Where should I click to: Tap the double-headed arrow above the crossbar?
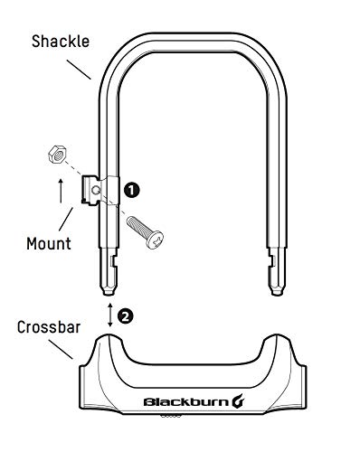(x=109, y=315)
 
